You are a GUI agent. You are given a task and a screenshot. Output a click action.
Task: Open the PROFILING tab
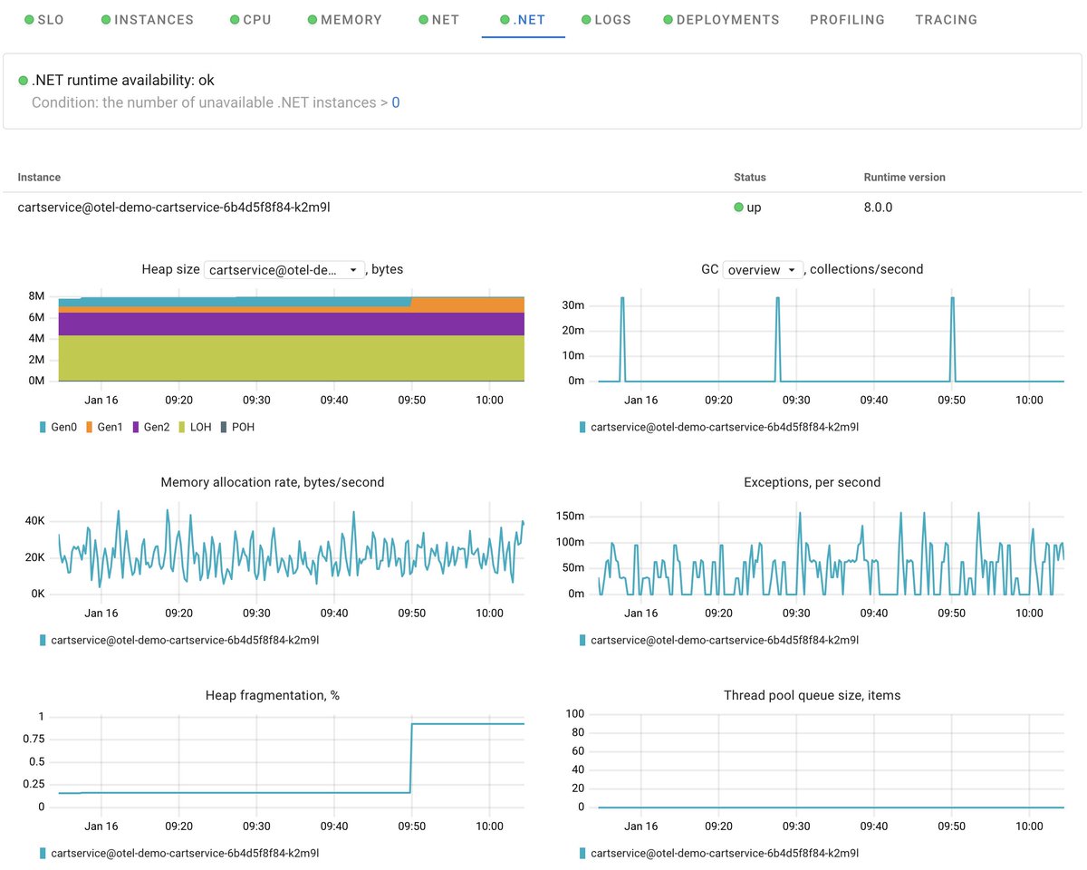(847, 19)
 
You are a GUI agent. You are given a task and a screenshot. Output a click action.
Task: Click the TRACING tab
(946, 19)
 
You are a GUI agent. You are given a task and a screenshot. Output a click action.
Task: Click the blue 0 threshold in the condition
(396, 102)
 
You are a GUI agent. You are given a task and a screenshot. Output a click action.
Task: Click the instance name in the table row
(174, 207)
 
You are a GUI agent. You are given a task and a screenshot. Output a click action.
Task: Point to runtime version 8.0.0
(878, 207)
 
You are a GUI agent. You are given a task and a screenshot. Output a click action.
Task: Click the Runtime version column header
(904, 177)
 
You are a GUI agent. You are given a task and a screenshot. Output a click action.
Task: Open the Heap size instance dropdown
(284, 269)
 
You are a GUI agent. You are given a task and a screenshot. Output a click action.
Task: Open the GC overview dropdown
(763, 269)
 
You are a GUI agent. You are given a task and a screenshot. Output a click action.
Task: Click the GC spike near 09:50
(953, 298)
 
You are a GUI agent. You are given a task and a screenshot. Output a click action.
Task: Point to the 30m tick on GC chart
(573, 304)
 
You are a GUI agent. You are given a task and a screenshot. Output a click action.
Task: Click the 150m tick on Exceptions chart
(570, 516)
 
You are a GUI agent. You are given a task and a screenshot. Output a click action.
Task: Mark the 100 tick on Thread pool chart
(574, 714)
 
